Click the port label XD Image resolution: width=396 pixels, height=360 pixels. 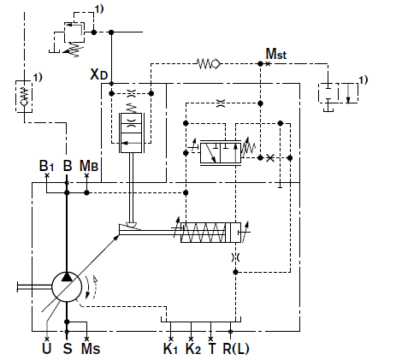pyautogui.click(x=98, y=74)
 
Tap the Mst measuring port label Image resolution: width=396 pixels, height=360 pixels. pyautogui.click(x=276, y=54)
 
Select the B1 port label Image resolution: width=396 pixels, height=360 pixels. pyautogui.click(x=46, y=166)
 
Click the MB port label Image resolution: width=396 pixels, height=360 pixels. pyautogui.click(x=89, y=166)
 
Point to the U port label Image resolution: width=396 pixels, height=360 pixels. pyautogui.click(x=47, y=348)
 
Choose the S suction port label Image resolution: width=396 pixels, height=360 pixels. pyautogui.click(x=68, y=348)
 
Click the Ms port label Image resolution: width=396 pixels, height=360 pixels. pyautogui.click(x=91, y=348)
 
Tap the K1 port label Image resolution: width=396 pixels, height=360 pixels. pyautogui.click(x=170, y=348)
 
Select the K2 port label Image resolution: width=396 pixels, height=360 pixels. pyautogui.click(x=193, y=348)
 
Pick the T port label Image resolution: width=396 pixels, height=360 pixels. pyautogui.click(x=212, y=348)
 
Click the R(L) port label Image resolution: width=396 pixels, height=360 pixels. pyautogui.click(x=236, y=348)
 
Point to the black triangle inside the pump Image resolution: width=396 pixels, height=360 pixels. pyautogui.click(x=67, y=277)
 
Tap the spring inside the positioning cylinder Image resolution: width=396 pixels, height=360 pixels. pyautogui.click(x=204, y=233)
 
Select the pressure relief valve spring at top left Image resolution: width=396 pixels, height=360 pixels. pyautogui.click(x=75, y=49)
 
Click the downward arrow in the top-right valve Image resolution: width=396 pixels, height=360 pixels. pyautogui.click(x=348, y=93)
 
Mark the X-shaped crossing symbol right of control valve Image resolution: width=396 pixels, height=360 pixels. pyautogui.click(x=270, y=157)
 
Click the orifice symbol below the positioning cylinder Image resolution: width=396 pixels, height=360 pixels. pyautogui.click(x=235, y=257)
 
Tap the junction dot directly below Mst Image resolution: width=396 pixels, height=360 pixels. pyautogui.click(x=260, y=64)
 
